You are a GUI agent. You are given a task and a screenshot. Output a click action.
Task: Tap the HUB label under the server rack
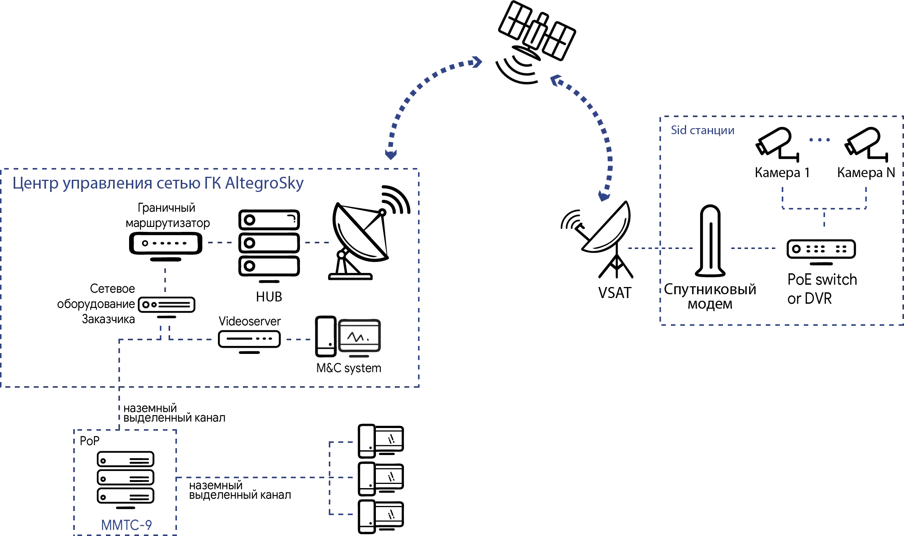click(269, 297)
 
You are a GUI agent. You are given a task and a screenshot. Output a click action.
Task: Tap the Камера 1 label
click(781, 173)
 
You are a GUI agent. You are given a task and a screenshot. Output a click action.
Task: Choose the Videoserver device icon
click(249, 339)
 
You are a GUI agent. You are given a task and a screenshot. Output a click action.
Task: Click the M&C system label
click(349, 368)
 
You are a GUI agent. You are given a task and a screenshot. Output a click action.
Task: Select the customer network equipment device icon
click(167, 305)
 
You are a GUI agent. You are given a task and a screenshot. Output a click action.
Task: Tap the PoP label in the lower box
click(90, 441)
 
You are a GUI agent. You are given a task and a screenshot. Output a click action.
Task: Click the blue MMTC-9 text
click(126, 525)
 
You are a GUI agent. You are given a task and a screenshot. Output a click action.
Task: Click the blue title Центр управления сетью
click(158, 184)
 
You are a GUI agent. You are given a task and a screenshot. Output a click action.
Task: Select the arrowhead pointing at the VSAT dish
click(604, 196)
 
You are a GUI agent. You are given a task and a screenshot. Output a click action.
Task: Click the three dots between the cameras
click(819, 140)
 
